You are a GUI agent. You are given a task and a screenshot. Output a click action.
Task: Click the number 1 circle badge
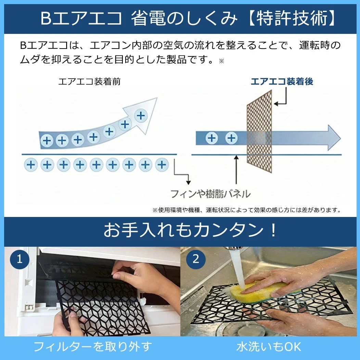coord(19,259)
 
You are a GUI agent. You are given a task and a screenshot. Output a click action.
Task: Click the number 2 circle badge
coord(196,259)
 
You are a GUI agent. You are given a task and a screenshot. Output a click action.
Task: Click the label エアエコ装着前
coord(89,82)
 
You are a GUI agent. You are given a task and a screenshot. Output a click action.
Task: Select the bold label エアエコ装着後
coord(282,81)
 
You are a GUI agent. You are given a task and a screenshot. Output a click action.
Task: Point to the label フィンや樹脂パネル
coord(210,194)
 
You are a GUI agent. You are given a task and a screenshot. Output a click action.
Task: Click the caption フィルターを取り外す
coord(92,346)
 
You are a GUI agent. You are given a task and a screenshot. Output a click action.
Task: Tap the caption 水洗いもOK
coord(269,346)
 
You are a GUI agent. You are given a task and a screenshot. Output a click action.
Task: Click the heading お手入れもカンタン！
coord(190,231)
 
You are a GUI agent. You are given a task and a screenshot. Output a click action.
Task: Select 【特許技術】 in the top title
coord(292,18)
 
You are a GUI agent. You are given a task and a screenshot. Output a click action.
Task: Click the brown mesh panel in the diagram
coord(259,132)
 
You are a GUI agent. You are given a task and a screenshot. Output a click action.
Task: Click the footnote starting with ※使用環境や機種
coord(246,209)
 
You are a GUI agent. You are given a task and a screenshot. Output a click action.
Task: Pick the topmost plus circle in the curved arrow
coord(140,115)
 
